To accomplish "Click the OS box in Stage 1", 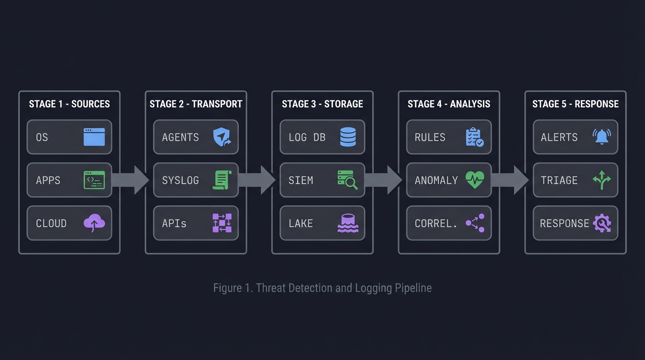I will tap(69, 137).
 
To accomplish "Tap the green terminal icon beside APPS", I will tap(94, 180).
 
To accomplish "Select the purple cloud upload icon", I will tap(94, 223).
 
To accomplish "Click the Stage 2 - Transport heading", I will tap(195, 104).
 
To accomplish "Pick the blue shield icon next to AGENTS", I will tap(222, 137).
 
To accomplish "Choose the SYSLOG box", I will tap(195, 180).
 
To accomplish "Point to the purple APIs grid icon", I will tap(222, 223).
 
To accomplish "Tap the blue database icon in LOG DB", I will tap(348, 137).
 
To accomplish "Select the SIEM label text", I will tap(300, 180).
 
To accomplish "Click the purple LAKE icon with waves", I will tap(348, 223).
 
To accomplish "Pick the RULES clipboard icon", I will tap(474, 137).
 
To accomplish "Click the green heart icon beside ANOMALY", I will tap(474, 180).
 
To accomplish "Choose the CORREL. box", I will tap(449, 223).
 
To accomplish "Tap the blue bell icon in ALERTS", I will tap(601, 137).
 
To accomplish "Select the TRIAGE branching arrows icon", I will tap(601, 180).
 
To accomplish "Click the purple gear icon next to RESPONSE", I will tap(601, 223).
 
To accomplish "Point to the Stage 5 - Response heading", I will tap(575, 104).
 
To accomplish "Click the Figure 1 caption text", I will tap(322, 287).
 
